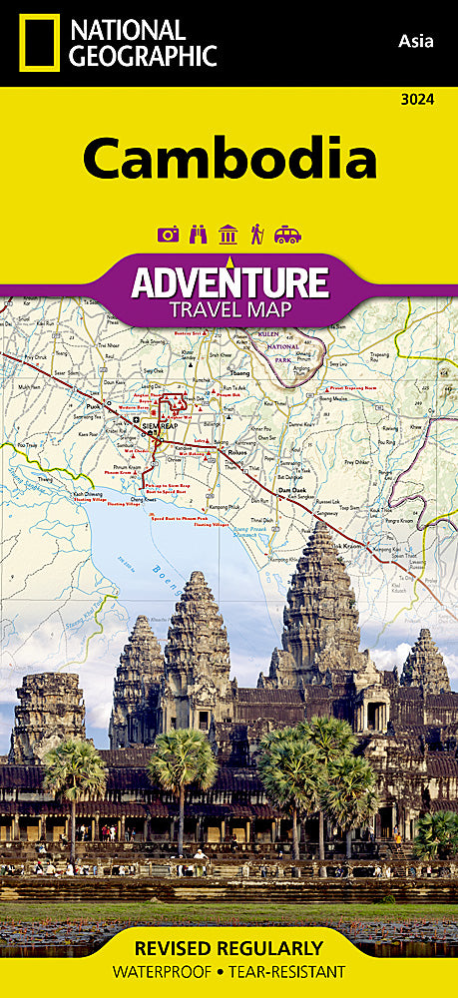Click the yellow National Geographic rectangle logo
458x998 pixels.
[x=37, y=43]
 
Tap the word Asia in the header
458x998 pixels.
[x=416, y=41]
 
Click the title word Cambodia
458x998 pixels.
[x=229, y=157]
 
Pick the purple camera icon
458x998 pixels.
[x=169, y=235]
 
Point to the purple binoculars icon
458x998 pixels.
[x=198, y=235]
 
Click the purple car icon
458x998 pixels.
[x=287, y=235]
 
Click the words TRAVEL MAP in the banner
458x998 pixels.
[x=229, y=308]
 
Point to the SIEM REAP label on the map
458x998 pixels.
[x=160, y=426]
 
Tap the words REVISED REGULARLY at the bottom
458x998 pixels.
[x=229, y=947]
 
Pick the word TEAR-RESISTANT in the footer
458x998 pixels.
[x=288, y=971]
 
